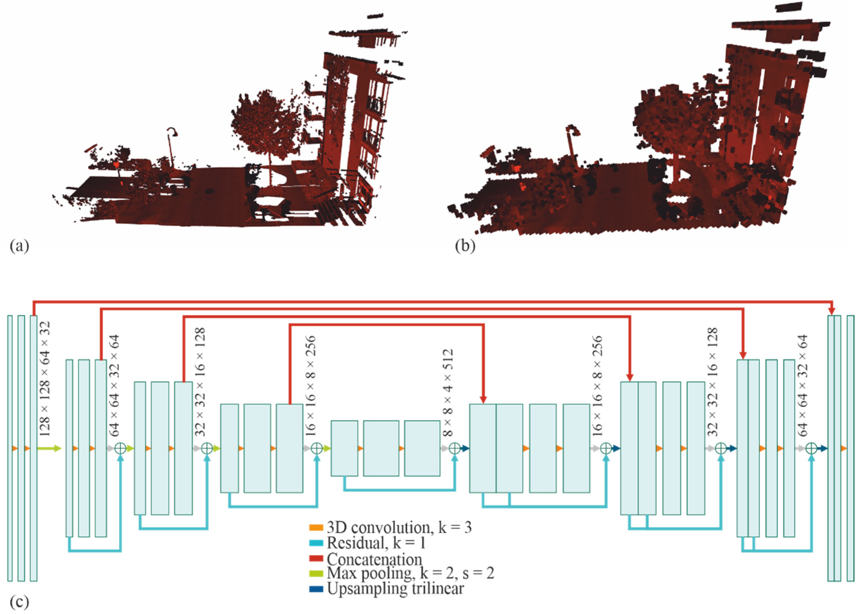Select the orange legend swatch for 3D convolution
click(316, 527)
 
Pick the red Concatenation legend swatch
click(316, 558)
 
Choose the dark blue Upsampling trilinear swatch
click(316, 589)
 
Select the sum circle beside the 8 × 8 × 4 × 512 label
click(455, 448)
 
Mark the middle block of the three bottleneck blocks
click(381, 448)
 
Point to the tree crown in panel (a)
click(265, 121)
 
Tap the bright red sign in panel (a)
click(116, 165)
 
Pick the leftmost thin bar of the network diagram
click(10, 448)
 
